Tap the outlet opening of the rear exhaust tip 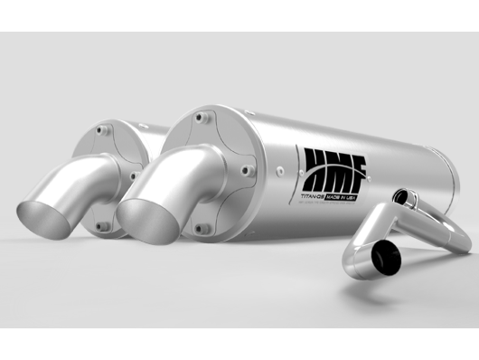pos(45,206)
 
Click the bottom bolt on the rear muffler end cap pos(104,226)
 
